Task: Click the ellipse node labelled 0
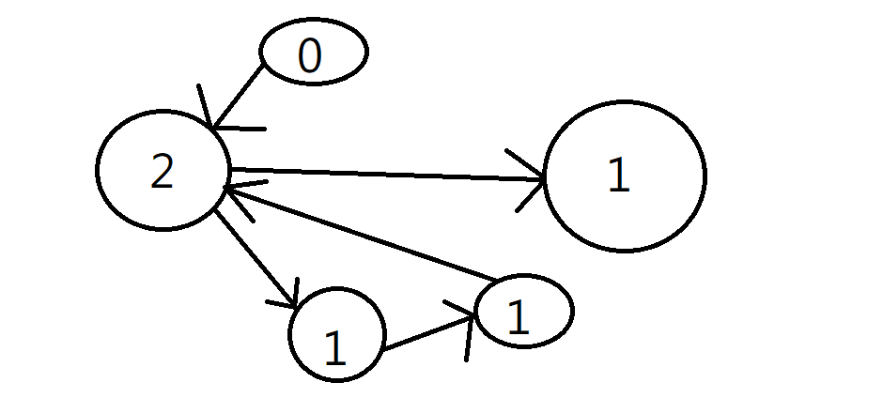pos(313,53)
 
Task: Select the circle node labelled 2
pos(163,169)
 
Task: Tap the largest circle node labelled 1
pos(624,176)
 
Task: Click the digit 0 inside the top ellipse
pos(310,57)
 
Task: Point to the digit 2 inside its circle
pos(163,173)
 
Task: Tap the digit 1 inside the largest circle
pos(617,176)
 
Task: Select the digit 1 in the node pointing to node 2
pos(518,319)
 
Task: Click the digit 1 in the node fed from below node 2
pos(334,348)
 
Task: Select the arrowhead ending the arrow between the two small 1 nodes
pos(467,324)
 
